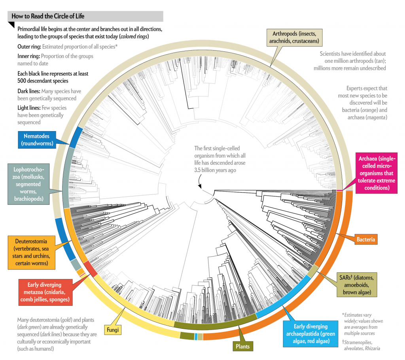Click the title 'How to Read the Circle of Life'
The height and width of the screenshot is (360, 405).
[48, 16]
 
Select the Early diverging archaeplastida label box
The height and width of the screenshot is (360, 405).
[310, 333]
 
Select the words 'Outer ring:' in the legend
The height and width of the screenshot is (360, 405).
[28, 46]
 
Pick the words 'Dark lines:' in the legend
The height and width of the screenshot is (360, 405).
[29, 91]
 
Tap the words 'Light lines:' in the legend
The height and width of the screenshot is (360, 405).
[30, 108]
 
